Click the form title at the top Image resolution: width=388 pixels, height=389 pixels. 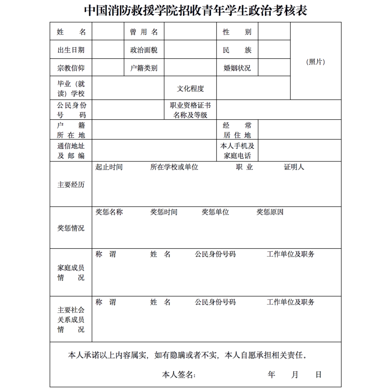pyautogui.click(x=196, y=10)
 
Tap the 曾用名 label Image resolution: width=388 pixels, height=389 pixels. pyautogui.click(x=144, y=32)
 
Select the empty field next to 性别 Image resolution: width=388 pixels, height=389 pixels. pyautogui.click(x=274, y=32)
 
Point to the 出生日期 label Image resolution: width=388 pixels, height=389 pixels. pyautogui.click(x=71, y=50)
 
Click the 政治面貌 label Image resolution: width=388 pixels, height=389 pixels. pyautogui.click(x=144, y=50)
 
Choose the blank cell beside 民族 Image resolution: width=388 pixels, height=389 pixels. pyautogui.click(x=274, y=50)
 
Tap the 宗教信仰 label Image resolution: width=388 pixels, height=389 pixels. pyautogui.click(x=71, y=68)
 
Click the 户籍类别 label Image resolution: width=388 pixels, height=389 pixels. pyautogui.click(x=144, y=68)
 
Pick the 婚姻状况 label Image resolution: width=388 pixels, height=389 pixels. pyautogui.click(x=237, y=68)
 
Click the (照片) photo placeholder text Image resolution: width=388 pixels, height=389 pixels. pyautogui.click(x=315, y=62)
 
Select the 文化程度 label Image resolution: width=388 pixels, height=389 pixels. pyautogui.click(x=190, y=89)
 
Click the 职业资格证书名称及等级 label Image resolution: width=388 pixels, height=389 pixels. pyautogui.click(x=190, y=110)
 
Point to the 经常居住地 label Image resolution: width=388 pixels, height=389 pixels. pyautogui.click(x=237, y=130)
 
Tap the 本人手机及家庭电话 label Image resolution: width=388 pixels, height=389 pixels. pyautogui.click(x=237, y=151)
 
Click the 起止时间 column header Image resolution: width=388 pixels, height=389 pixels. pyautogui.click(x=109, y=167)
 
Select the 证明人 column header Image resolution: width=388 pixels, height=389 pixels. pyautogui.click(x=294, y=167)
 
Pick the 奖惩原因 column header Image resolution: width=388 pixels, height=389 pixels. pyautogui.click(x=270, y=212)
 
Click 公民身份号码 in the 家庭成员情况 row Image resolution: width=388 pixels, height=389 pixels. pyautogui.click(x=215, y=254)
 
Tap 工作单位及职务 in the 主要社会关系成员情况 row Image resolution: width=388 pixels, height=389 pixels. pyautogui.click(x=290, y=302)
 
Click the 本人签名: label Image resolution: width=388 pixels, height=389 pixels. pyautogui.click(x=179, y=375)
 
